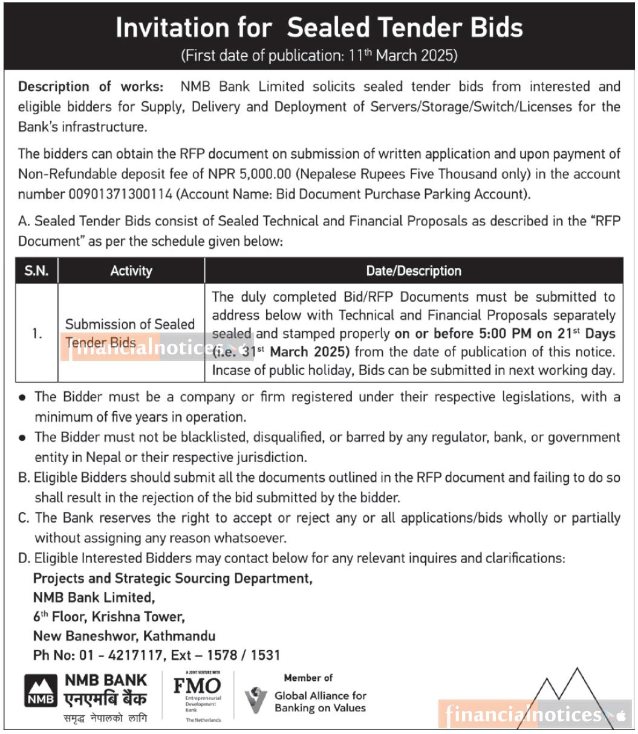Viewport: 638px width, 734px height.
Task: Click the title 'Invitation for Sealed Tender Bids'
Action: click(x=319, y=28)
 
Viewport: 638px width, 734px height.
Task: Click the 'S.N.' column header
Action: click(x=36, y=271)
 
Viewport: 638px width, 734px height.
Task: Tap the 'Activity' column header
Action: click(x=131, y=271)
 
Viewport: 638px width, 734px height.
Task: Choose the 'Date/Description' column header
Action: click(x=414, y=271)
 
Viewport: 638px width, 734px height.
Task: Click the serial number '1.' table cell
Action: click(x=37, y=333)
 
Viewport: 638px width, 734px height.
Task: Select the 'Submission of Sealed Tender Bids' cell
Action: click(x=129, y=333)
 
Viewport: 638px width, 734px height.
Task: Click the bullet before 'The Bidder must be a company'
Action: click(x=22, y=398)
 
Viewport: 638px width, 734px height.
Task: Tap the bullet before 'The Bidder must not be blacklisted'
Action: click(x=22, y=438)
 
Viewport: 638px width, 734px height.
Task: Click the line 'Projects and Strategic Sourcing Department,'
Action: click(x=172, y=579)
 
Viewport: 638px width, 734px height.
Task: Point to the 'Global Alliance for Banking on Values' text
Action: click(x=320, y=702)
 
